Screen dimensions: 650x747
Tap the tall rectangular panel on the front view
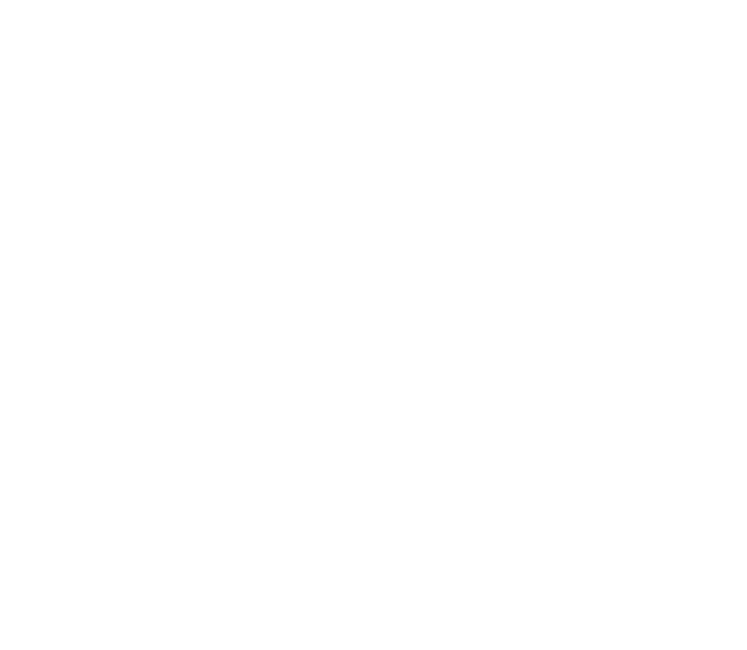[x=136, y=398]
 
